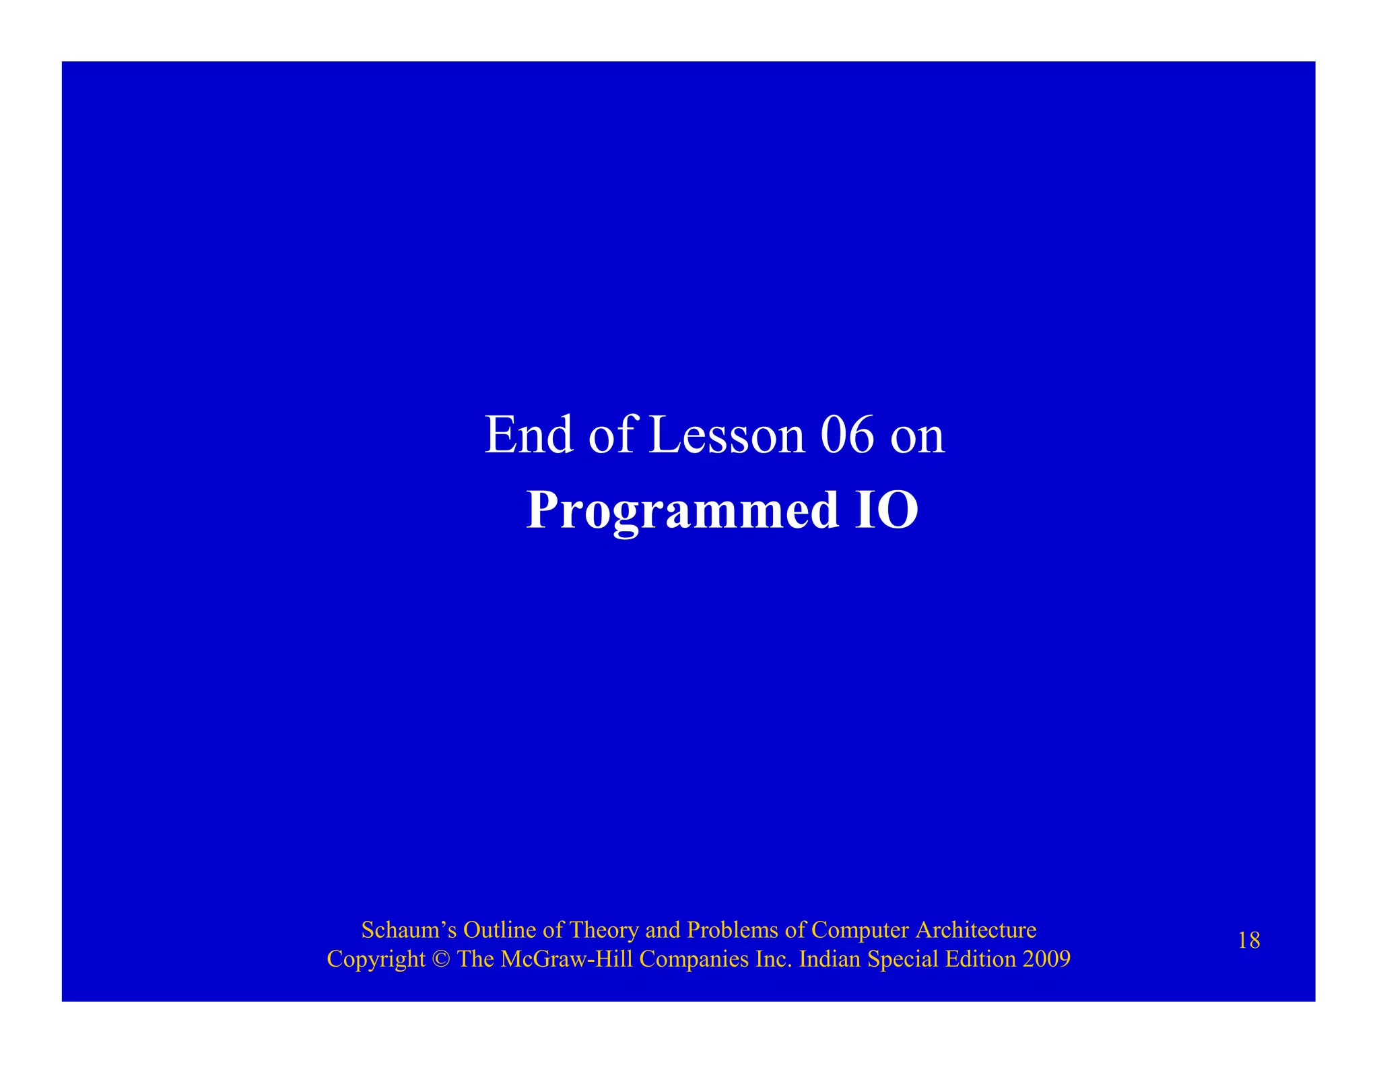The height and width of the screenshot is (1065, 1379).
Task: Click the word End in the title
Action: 529,436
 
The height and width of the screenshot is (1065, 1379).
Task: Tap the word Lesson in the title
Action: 727,436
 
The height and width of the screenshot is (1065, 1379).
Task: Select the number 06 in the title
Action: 848,436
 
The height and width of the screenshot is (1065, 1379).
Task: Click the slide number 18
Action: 1248,940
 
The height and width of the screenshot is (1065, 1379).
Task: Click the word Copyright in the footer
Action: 376,959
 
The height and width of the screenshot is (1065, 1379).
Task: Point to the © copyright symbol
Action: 442,959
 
